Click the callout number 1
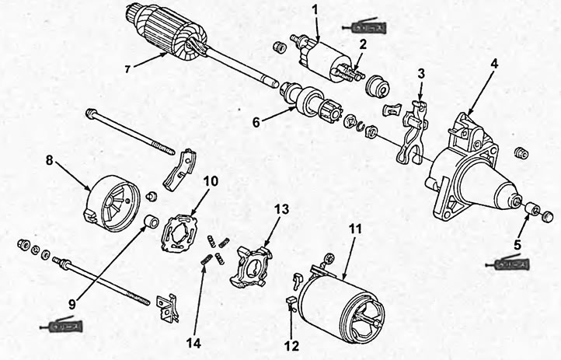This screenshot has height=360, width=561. point(315,9)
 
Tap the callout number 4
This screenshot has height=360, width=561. point(494,64)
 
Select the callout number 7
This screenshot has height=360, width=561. point(127,69)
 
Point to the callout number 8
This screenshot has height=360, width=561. point(50,160)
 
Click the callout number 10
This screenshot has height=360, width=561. point(211,181)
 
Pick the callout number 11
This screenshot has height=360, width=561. point(355,229)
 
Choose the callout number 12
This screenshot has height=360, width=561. point(291,346)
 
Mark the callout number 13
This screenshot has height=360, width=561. point(282,209)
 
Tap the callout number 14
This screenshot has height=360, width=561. point(193,344)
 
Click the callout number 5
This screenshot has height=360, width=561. point(517,245)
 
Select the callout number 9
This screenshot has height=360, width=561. point(72,305)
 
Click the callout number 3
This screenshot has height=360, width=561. point(421,74)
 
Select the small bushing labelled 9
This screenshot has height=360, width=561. point(152,221)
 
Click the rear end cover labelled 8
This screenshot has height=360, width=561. point(113,203)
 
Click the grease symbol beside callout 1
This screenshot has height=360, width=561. point(364,26)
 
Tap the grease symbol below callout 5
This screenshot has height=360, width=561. point(507,264)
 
